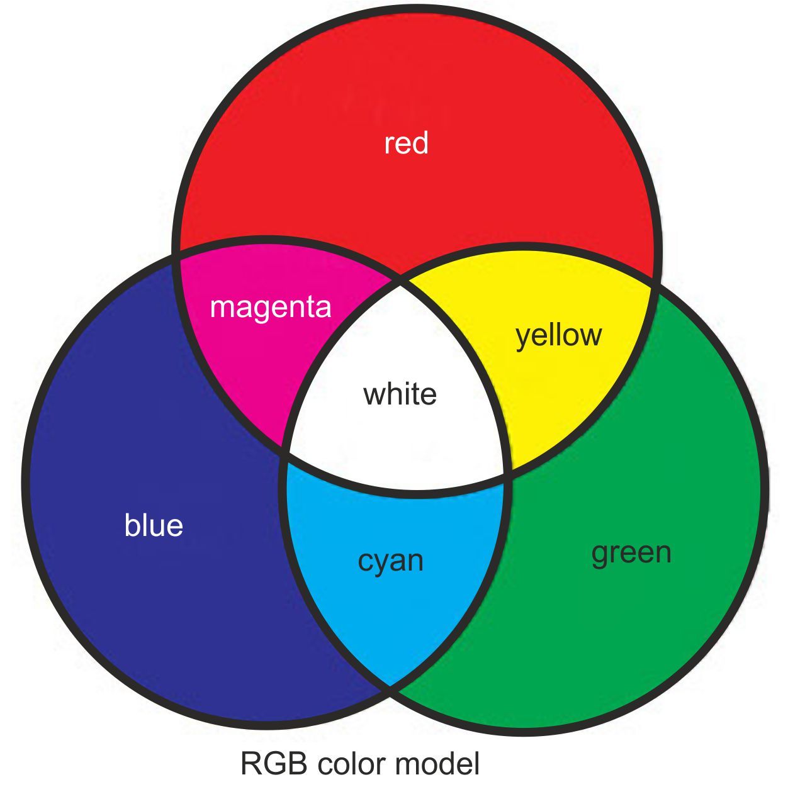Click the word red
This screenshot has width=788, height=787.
click(x=406, y=143)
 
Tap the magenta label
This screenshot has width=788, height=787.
click(x=271, y=307)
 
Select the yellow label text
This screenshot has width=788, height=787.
click(x=558, y=335)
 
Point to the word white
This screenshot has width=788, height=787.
click(x=400, y=394)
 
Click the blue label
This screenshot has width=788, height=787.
click(x=154, y=525)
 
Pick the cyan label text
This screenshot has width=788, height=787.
click(x=390, y=561)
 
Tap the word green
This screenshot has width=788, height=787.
click(x=631, y=552)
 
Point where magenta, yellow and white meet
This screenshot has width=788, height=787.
click(x=401, y=281)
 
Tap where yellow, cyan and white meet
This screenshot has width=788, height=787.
click(x=507, y=473)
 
